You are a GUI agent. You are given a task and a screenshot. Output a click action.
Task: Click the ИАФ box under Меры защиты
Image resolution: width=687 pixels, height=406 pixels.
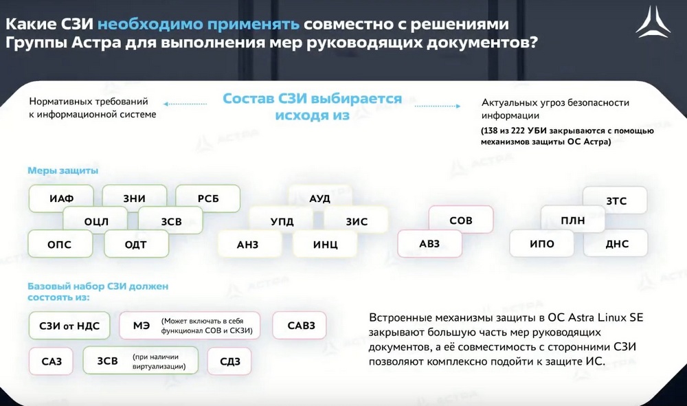61,199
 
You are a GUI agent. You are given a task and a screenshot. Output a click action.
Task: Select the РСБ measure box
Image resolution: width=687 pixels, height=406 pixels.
208,199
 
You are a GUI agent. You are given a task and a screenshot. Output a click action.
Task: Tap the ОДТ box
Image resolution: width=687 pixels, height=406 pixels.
136,244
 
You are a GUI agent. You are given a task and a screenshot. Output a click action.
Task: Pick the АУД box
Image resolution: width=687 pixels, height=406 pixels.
320,198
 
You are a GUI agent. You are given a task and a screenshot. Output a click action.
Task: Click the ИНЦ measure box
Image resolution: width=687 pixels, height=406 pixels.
325,244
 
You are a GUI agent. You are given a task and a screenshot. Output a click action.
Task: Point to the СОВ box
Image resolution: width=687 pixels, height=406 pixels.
461,220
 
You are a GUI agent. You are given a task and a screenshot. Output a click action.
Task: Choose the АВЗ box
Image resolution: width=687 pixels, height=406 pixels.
429,243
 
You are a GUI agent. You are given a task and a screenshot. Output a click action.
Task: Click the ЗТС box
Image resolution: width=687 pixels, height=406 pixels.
615,201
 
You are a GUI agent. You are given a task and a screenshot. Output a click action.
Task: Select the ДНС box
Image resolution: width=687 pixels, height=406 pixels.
616,243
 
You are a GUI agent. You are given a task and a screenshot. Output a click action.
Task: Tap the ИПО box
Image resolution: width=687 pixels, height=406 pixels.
542,243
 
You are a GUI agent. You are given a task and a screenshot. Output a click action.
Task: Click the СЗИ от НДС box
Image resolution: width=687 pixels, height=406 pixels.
69,326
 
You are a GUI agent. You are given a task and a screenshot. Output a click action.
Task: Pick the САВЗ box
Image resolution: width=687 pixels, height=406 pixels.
300,326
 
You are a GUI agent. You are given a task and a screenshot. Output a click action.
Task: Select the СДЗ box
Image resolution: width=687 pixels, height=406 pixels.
229,361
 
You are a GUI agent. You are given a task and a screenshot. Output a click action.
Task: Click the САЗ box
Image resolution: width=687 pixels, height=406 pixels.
51,361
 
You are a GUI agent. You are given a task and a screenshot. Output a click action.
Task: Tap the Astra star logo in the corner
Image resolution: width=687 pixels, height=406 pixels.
653,22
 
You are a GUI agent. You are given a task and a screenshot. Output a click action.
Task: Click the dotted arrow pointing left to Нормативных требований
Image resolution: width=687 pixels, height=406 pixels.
185,104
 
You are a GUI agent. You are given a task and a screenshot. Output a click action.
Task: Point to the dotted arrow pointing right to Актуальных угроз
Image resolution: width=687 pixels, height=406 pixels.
437,106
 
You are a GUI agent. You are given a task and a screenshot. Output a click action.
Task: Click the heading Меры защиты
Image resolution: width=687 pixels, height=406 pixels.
63,170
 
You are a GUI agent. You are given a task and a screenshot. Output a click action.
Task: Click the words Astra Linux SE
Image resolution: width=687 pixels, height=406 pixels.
605,317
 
